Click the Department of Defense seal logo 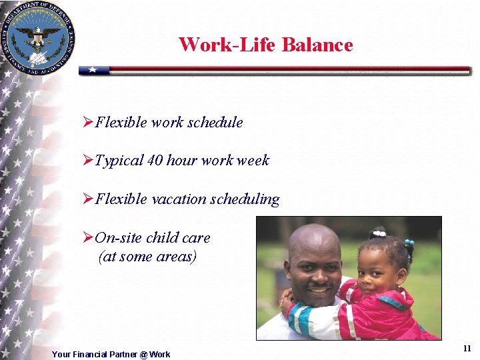coord(37,37)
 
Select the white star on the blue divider coord(94,69)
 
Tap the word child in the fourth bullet coord(161,237)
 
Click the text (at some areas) coord(147,257)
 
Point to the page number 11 coord(467,349)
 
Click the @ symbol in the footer coord(143,355)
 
